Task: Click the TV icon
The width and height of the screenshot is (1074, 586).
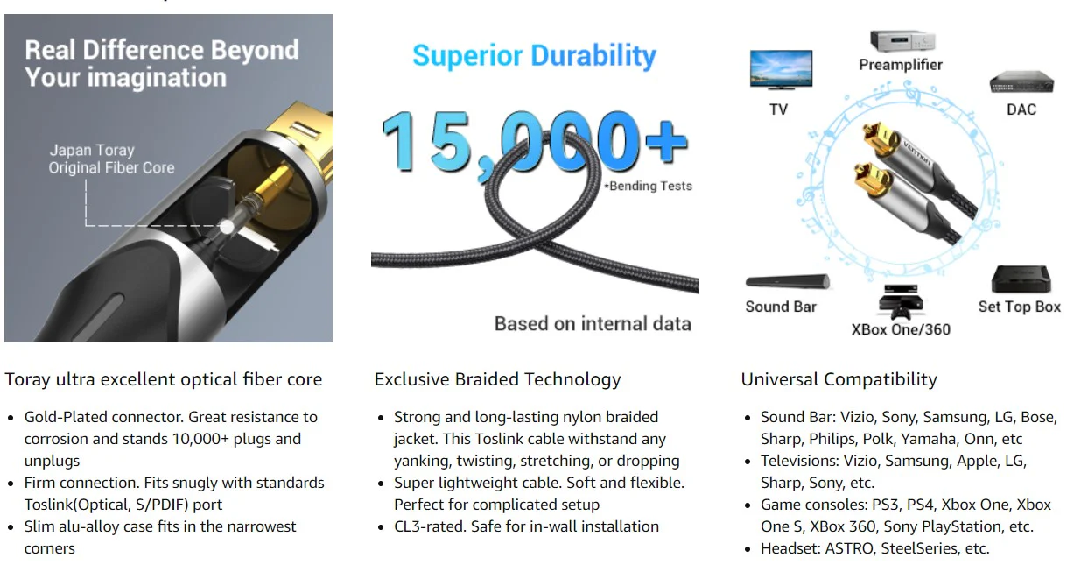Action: coord(781,70)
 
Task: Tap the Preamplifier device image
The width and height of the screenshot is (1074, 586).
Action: coord(902,41)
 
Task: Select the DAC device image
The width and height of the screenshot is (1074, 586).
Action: coord(1021,81)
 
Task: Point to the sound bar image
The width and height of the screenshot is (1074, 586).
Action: coord(787,281)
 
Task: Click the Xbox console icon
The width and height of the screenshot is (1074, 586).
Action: coord(901,302)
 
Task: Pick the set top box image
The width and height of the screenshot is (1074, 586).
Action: coord(1021,279)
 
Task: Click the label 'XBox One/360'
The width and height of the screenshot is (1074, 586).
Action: coord(901,329)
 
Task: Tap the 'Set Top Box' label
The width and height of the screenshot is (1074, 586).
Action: coord(1020,307)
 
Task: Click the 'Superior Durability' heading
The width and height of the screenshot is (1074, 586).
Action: coord(534,56)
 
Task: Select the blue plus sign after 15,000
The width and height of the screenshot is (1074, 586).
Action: coord(667,142)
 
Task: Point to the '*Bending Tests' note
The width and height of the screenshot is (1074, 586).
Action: coord(648,187)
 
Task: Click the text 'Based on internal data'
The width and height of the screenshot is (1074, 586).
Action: coord(593,324)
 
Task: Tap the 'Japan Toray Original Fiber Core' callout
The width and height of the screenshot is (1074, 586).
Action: coord(111,159)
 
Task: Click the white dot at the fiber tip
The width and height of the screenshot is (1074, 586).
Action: coord(228,227)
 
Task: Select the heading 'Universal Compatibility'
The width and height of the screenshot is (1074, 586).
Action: coord(839,379)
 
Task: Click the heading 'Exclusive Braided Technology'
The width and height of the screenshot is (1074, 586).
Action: coord(498,379)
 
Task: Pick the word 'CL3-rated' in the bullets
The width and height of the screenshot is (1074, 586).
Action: coord(430,526)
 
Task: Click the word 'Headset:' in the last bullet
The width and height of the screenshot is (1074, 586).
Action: coord(790,548)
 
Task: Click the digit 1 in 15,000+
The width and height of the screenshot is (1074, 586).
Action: coord(397,142)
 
